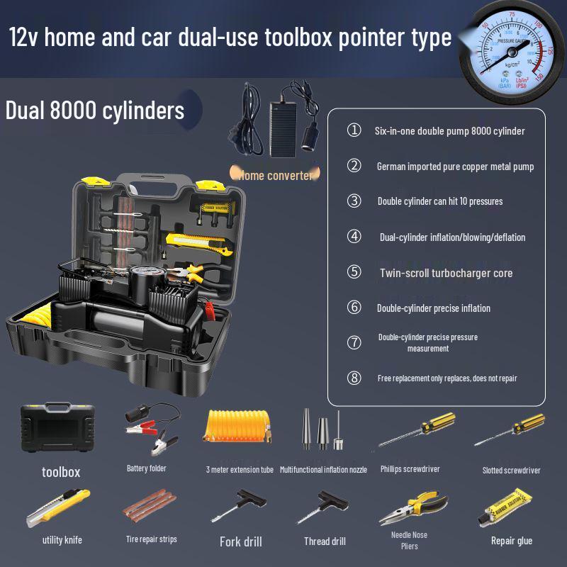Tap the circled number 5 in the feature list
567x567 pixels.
pos(354,272)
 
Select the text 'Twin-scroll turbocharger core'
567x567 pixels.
pos(446,273)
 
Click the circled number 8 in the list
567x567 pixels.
pos(354,378)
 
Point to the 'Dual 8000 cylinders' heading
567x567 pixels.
pos(95,111)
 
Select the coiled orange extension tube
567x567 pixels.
pos(239,430)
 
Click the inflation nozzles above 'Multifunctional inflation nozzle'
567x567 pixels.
pos(322,430)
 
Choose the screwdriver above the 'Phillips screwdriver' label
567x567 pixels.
pos(410,432)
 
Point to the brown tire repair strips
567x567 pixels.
pos(150,507)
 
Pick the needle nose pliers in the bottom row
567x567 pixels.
pos(410,506)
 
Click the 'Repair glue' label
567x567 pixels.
pos(512,541)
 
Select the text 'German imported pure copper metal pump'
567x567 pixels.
pos(455,167)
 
